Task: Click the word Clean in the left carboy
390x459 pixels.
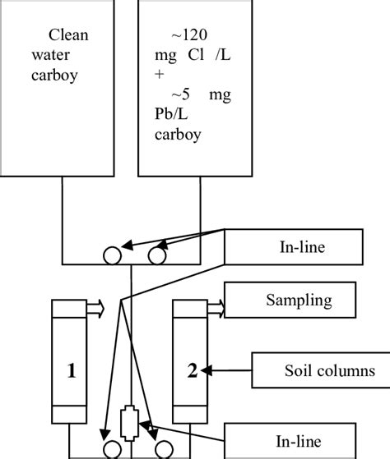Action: click(68, 35)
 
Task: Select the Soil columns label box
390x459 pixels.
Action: click(319, 371)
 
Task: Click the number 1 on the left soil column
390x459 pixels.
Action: click(72, 371)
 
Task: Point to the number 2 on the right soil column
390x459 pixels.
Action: click(192, 371)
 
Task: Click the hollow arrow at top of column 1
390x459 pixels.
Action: click(95, 307)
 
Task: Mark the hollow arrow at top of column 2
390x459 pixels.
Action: click(216, 307)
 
